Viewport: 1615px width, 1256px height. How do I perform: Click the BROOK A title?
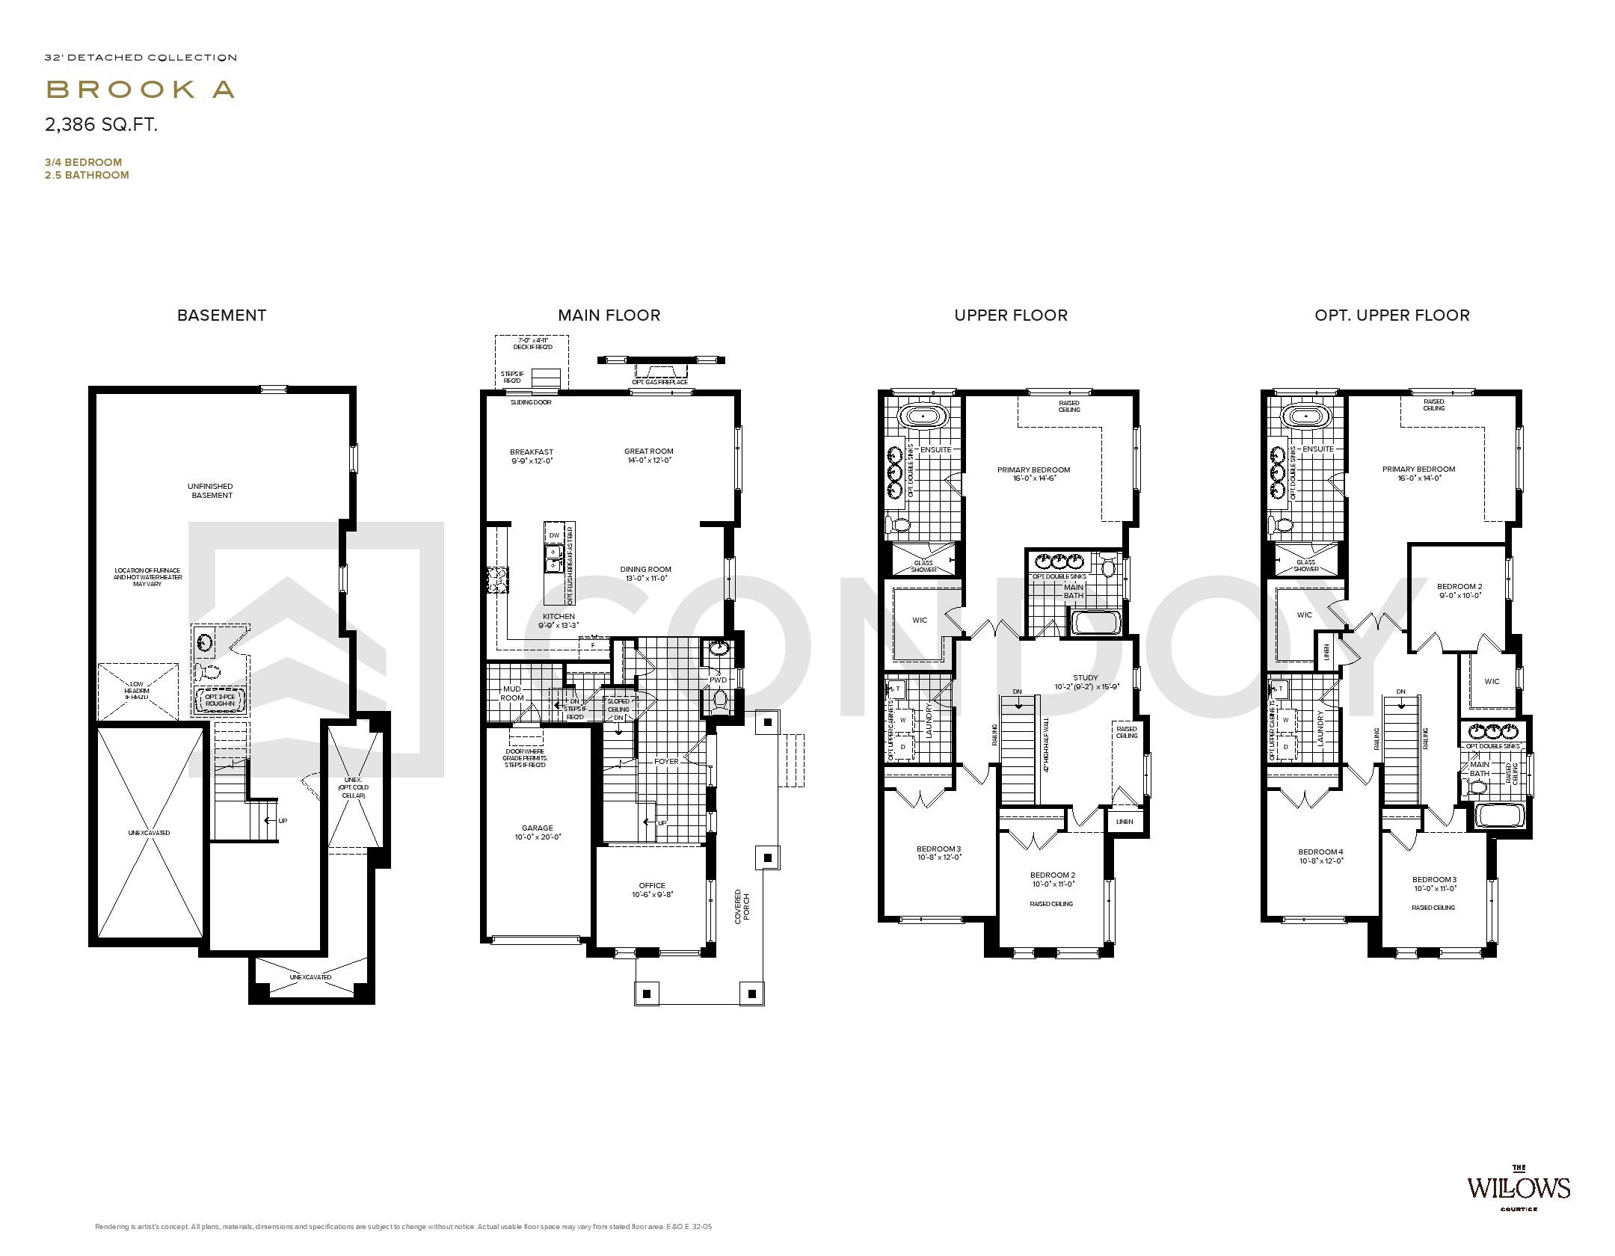pos(141,89)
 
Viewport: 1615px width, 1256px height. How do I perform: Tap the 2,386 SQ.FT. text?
pos(101,125)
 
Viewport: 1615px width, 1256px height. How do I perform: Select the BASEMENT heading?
pos(221,315)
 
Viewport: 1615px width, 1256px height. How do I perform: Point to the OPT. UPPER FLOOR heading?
pos(1391,315)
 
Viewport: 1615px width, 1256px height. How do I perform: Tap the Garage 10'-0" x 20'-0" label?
pos(537,832)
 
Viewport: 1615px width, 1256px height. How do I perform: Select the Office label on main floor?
pos(651,890)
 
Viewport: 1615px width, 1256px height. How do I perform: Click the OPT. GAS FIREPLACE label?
pos(659,382)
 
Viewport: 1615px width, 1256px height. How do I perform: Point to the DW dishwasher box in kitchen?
pos(554,535)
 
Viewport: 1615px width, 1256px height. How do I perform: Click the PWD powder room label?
pos(718,680)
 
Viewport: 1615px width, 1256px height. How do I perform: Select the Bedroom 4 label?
pos(1320,855)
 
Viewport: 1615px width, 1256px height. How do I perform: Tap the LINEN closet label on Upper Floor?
pos(1124,822)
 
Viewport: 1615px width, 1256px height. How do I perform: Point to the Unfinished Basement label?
pos(212,490)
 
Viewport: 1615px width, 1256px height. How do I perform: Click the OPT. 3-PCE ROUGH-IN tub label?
pos(220,701)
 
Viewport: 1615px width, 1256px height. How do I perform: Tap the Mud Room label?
pos(511,693)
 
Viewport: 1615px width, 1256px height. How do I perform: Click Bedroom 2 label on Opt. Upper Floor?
pos(1459,591)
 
